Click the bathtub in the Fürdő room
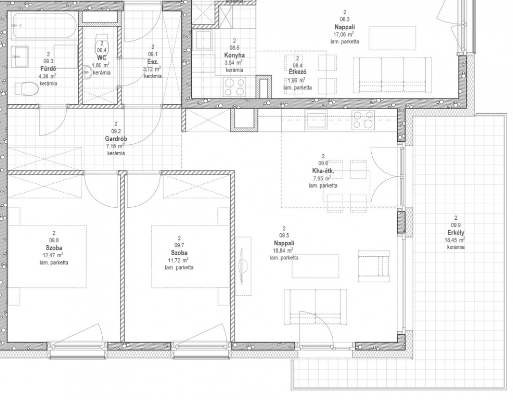44,26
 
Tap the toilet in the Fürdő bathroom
27,88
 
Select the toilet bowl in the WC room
101,41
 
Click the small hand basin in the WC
87,72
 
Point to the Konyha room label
234,55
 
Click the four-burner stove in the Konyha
234,87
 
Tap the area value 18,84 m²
284,250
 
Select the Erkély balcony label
456,233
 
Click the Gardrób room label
116,139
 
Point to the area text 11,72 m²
179,260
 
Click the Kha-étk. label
323,171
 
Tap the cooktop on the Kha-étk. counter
363,120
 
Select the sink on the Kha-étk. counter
316,120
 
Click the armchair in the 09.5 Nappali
374,266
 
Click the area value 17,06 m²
344,35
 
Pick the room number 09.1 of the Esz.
153,54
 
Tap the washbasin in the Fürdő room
20,57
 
